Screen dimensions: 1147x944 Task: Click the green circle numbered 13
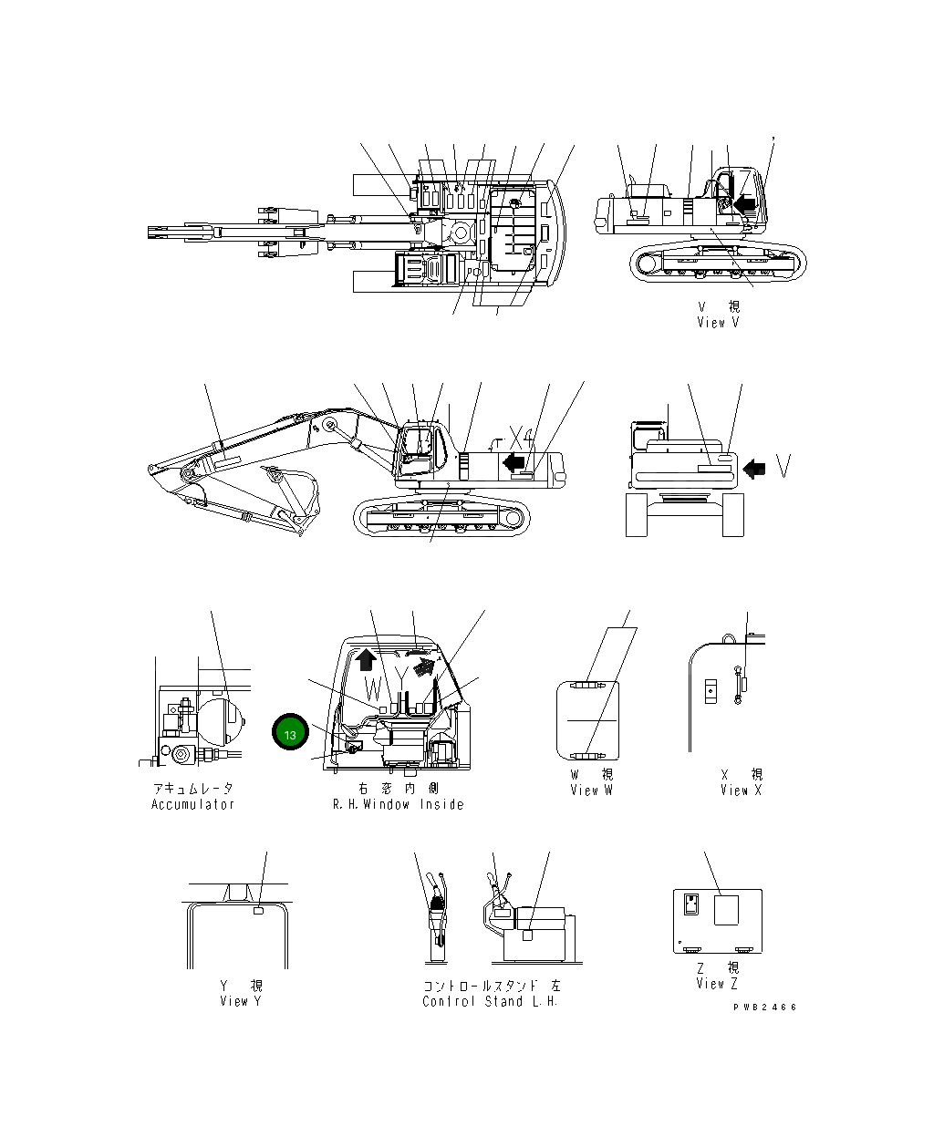coord(290,734)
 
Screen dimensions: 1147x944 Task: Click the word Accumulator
coord(193,804)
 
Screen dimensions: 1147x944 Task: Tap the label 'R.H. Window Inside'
coord(398,804)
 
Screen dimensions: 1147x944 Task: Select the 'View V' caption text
coord(717,322)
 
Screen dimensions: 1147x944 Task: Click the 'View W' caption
coord(591,790)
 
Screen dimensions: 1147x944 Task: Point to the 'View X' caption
coord(741,790)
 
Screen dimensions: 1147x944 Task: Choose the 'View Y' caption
coord(234,1001)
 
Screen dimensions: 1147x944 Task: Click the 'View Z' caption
coord(717,983)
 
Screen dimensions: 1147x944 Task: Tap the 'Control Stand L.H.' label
coord(490,1001)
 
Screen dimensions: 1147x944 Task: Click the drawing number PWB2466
coord(764,1007)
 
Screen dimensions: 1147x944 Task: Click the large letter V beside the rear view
coord(783,465)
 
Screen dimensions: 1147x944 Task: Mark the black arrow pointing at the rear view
coord(754,469)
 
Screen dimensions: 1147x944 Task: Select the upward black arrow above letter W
coord(367,657)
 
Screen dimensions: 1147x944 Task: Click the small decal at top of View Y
coord(258,910)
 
